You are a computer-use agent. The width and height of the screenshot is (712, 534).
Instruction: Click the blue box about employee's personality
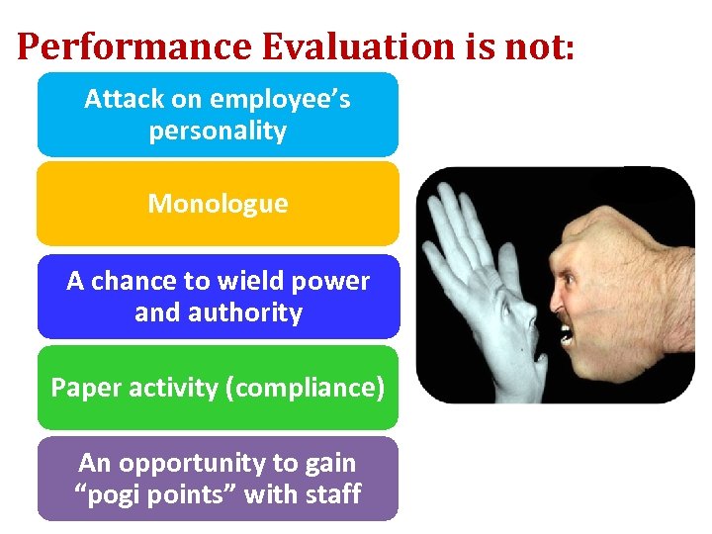pyautogui.click(x=218, y=115)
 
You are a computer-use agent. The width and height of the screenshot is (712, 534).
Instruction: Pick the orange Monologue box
pyautogui.click(x=218, y=204)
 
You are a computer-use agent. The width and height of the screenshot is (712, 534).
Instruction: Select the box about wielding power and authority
pyautogui.click(x=218, y=297)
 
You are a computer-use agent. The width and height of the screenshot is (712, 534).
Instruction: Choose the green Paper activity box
pyautogui.click(x=218, y=387)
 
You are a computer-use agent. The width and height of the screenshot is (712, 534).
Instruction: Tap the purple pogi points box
pyautogui.click(x=218, y=479)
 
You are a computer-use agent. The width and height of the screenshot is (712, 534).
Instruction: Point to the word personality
pyautogui.click(x=218, y=132)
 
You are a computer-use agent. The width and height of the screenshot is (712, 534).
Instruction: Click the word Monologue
pyautogui.click(x=218, y=204)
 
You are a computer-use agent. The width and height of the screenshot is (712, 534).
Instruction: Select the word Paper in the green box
pyautogui.click(x=82, y=387)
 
